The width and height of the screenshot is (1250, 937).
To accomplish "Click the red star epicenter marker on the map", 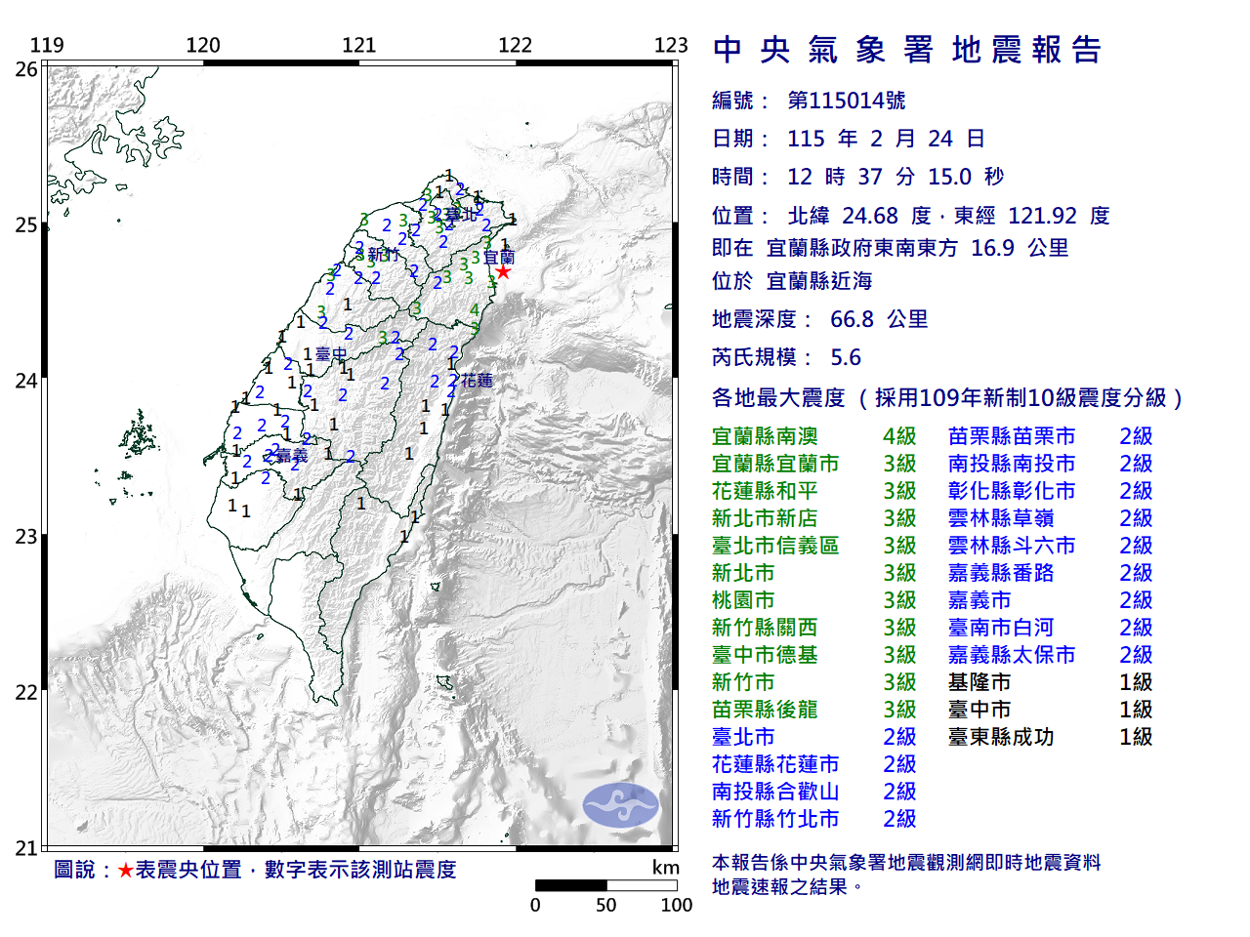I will click(x=503, y=271).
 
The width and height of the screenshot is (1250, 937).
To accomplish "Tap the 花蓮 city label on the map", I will click(x=477, y=381).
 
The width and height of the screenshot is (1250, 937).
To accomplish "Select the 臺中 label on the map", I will click(x=331, y=354).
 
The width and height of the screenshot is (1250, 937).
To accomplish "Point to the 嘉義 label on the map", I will click(x=291, y=456).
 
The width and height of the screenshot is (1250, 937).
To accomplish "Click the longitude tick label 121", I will click(x=358, y=45).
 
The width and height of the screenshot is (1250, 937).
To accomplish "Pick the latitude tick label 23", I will click(x=26, y=537).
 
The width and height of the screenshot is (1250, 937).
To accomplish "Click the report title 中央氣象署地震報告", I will click(x=907, y=50).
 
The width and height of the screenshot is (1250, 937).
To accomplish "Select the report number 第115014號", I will click(x=847, y=101).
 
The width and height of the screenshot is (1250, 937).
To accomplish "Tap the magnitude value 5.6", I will click(x=846, y=357).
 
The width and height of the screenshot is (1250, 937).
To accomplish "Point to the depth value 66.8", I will click(x=852, y=319).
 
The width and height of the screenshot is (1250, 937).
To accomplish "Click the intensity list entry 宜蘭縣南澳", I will click(x=765, y=436).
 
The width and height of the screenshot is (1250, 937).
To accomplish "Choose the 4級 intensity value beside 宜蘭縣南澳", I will click(x=898, y=436).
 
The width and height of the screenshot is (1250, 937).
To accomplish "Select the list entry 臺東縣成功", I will click(x=1001, y=737).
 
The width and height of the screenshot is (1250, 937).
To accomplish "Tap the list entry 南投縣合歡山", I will click(x=775, y=792).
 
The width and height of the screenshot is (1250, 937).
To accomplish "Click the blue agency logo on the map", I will click(x=620, y=805).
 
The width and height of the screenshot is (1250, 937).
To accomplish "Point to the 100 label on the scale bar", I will click(x=676, y=905).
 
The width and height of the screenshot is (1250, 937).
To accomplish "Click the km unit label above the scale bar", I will click(x=665, y=868).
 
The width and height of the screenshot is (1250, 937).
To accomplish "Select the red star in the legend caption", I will click(x=125, y=870).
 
